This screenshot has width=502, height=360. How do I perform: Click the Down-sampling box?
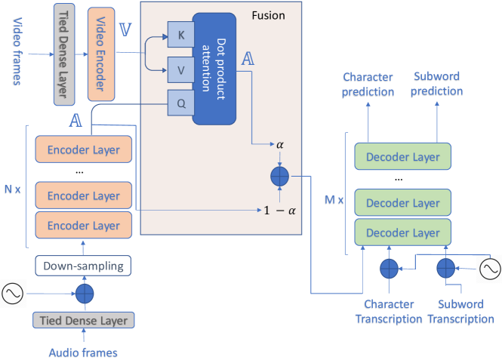[84, 266]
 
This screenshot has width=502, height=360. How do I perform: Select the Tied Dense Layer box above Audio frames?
[82, 320]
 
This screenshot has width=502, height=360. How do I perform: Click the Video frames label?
[18, 42]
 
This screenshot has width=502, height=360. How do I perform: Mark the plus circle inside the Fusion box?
[280, 177]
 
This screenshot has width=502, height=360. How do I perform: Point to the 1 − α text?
[280, 209]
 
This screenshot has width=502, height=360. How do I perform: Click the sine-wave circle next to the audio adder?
[14, 294]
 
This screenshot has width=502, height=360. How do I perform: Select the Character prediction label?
[368, 84]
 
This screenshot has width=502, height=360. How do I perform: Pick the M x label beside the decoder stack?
[334, 200]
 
